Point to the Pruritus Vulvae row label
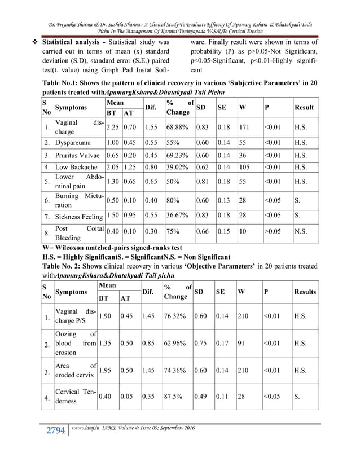click(x=78, y=155)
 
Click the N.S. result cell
click(x=301, y=231)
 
